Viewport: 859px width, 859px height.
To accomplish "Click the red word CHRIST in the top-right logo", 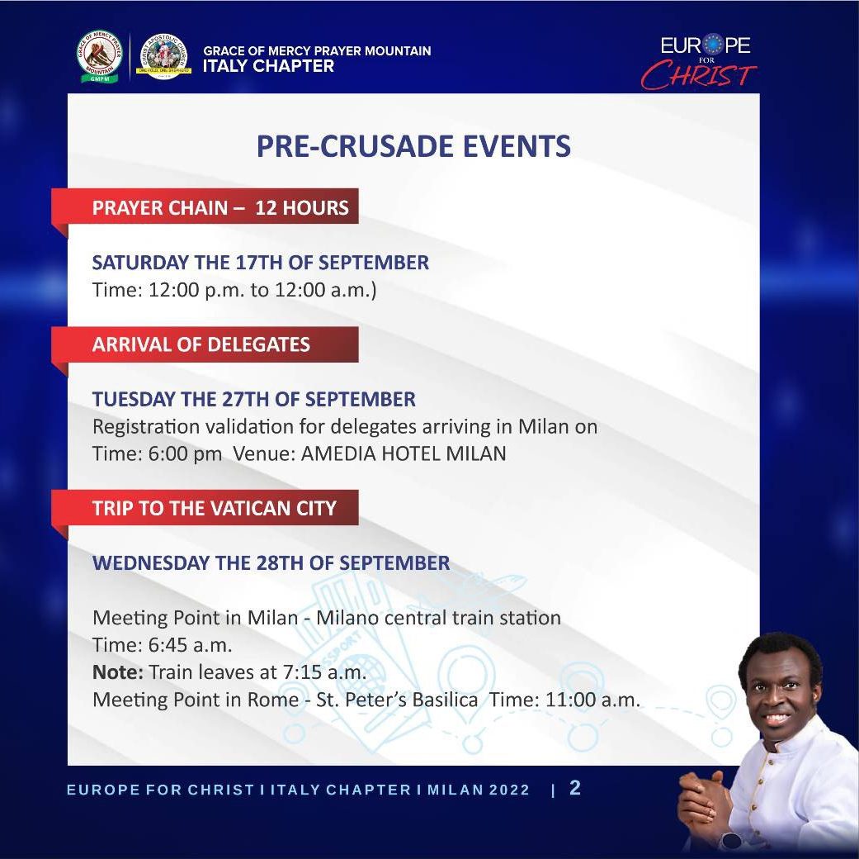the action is (x=699, y=75).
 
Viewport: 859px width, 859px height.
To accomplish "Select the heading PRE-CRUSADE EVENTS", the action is (x=413, y=146).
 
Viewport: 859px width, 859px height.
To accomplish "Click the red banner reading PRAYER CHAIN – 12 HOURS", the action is (x=205, y=206).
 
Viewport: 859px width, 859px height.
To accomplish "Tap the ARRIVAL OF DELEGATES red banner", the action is (x=205, y=344).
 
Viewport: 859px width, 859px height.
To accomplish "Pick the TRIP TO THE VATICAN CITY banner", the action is (x=205, y=508).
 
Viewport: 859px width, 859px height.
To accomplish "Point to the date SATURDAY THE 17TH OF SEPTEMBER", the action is (x=260, y=262).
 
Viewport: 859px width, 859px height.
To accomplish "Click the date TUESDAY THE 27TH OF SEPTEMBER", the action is (x=253, y=399).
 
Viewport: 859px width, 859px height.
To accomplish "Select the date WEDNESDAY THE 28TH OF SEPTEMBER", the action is (x=271, y=562).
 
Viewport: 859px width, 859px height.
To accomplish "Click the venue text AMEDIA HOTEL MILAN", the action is (x=404, y=453).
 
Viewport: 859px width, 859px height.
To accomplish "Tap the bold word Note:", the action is (x=118, y=672).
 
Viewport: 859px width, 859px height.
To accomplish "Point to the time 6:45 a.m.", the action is (x=190, y=645).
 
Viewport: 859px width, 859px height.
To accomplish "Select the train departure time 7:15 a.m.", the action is (x=324, y=672).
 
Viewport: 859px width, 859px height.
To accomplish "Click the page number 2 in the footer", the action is (x=574, y=788).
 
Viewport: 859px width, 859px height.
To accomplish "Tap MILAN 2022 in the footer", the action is (x=479, y=790).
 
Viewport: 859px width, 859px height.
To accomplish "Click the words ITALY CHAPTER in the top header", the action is (x=268, y=66).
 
